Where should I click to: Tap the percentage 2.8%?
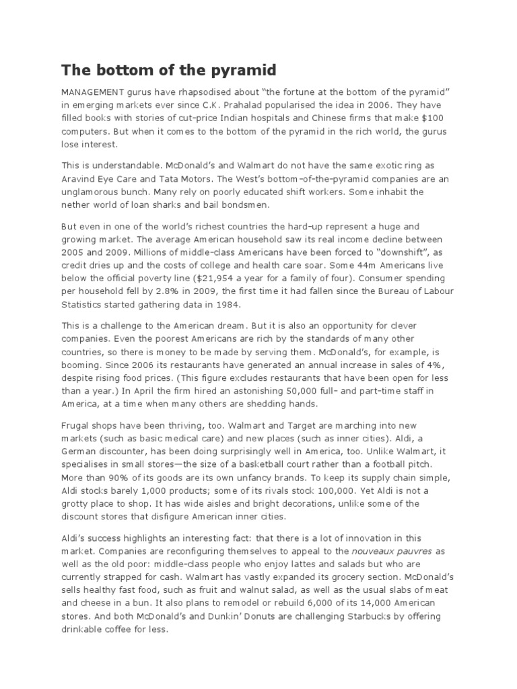174,291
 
